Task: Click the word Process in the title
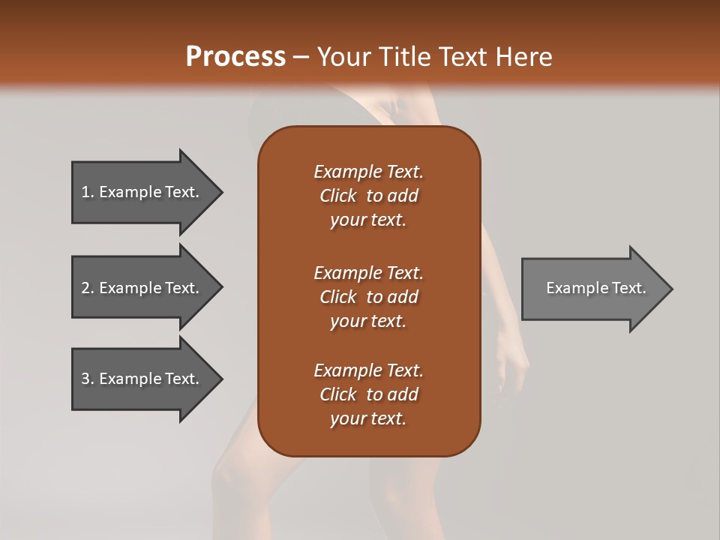point(235,57)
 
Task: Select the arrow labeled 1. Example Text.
point(142,192)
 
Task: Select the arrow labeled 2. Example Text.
point(142,288)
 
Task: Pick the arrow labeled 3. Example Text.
point(142,379)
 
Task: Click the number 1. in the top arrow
point(88,192)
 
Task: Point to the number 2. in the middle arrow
point(88,288)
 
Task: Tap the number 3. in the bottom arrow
point(88,379)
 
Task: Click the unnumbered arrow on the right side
point(592,288)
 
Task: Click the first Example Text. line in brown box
point(368,172)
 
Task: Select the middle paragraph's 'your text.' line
point(368,321)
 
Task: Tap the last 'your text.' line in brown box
point(368,418)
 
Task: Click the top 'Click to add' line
point(368,196)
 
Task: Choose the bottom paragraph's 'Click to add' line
point(368,394)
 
